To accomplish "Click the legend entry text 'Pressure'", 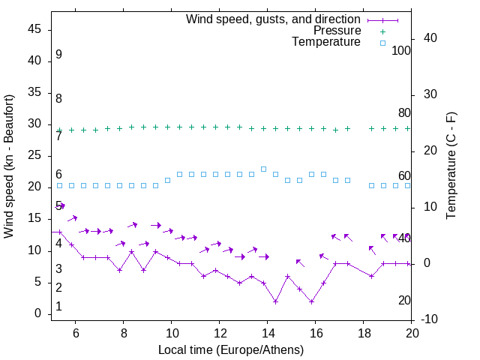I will tap(337, 31).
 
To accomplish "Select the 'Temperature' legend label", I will tap(326, 43).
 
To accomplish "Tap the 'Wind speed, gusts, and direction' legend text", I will tap(274, 19).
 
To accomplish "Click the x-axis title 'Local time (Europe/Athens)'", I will tap(231, 350).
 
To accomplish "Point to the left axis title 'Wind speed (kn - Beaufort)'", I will tap(9, 166).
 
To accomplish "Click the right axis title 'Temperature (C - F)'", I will tap(451, 166).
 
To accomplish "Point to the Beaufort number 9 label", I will tap(58, 55).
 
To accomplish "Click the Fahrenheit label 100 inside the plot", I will tap(401, 51).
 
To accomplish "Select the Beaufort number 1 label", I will tap(58, 307).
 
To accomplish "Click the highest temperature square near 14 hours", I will tap(263, 169).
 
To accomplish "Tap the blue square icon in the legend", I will tap(382, 43).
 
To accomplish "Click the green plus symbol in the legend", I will tap(382, 31).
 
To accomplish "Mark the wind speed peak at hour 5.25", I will tap(59, 232).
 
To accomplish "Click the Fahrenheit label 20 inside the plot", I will tap(404, 300).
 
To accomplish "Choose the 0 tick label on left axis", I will tap(38, 314).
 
